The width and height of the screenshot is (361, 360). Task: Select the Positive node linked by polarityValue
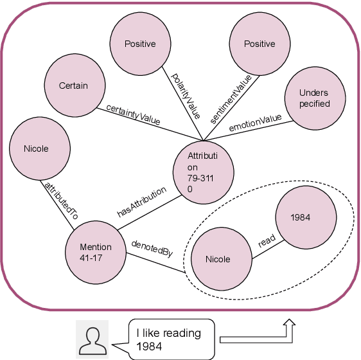click(x=140, y=44)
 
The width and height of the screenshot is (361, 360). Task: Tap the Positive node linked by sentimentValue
click(x=260, y=44)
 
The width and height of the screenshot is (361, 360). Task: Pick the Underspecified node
click(x=314, y=98)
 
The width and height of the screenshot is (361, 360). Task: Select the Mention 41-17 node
click(x=95, y=252)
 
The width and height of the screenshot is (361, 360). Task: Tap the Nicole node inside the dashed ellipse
click(x=218, y=260)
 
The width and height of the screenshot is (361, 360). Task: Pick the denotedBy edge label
click(x=152, y=248)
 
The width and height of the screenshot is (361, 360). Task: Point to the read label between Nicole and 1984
click(x=267, y=240)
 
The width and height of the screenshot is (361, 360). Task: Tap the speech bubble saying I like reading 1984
click(x=170, y=338)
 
